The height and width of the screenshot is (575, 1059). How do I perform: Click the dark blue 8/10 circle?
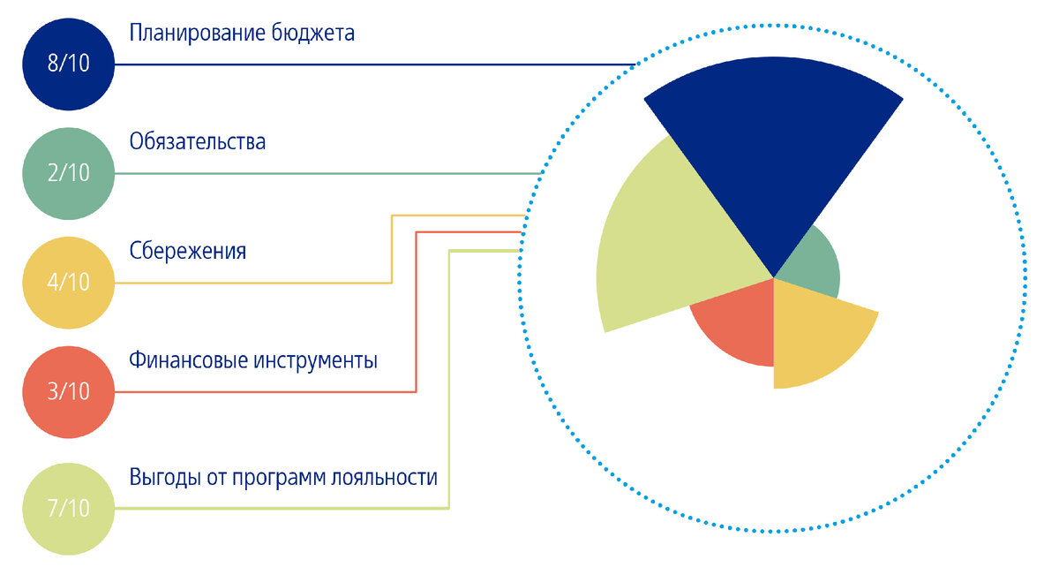click(x=69, y=64)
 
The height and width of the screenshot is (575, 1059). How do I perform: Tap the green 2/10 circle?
click(x=69, y=173)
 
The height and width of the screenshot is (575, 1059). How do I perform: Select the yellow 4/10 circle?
click(x=69, y=283)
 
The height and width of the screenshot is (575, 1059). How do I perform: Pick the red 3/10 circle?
click(x=69, y=391)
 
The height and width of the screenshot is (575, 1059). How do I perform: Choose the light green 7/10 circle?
click(x=69, y=508)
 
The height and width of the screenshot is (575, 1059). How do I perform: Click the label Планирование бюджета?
click(x=242, y=34)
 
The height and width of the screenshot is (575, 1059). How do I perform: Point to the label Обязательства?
click(x=197, y=142)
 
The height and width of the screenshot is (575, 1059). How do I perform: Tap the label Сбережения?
click(x=187, y=252)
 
